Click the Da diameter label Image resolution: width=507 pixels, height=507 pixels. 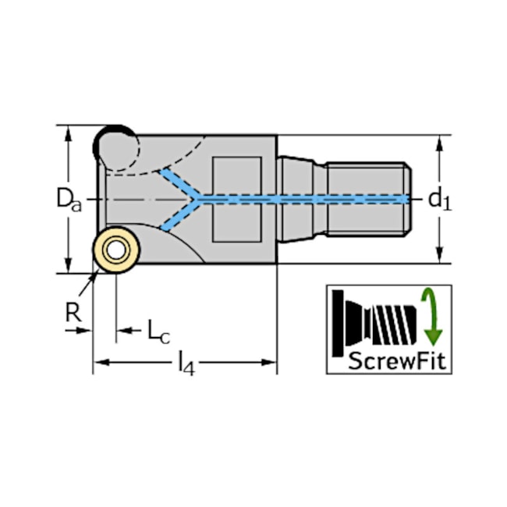[69, 200]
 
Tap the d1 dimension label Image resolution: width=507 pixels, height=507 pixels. [439, 200]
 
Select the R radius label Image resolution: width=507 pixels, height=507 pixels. [73, 312]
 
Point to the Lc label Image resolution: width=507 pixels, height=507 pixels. [158, 331]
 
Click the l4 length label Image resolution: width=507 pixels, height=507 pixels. [187, 363]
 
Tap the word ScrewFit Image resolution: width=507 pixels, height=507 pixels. [397, 360]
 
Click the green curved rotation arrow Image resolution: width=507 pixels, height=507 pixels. [431, 317]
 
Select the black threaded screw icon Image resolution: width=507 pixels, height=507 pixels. [374, 324]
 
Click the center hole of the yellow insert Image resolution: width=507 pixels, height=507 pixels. [116, 250]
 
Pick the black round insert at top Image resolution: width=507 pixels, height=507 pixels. [115, 147]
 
